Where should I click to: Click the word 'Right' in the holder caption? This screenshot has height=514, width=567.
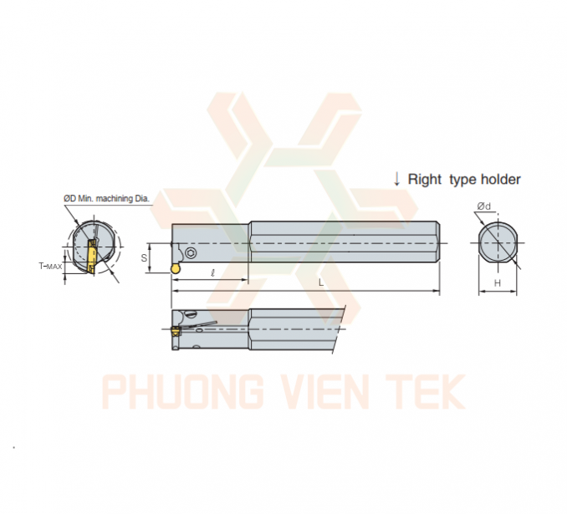click(425, 180)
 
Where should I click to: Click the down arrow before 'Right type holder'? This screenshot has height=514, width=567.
click(397, 180)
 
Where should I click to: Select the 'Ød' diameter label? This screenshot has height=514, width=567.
click(484, 206)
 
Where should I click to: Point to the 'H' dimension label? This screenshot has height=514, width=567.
click(498, 283)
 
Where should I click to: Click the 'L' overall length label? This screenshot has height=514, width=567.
click(321, 282)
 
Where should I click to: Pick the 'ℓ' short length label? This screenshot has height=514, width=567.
click(212, 273)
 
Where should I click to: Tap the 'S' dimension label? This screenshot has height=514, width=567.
click(144, 258)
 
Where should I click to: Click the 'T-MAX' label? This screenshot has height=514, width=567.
click(50, 267)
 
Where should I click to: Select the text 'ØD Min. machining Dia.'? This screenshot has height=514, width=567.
click(107, 198)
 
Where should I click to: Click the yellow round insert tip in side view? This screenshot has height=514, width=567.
click(176, 268)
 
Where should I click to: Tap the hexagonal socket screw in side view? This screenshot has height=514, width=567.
click(191, 253)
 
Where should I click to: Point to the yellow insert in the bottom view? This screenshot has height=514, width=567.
click(176, 331)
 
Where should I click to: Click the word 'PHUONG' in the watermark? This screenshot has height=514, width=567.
click(183, 391)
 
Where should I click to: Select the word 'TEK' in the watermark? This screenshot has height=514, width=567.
click(426, 391)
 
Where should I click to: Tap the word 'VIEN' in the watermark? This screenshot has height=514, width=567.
click(325, 391)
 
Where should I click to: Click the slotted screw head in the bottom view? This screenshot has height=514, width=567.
click(190, 313)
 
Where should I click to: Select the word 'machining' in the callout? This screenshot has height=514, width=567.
click(115, 198)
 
